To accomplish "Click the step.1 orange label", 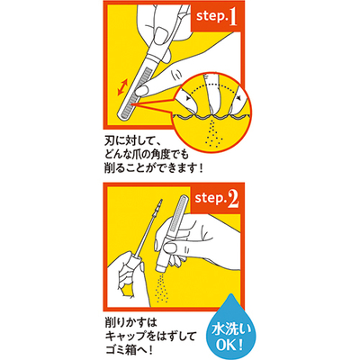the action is [216, 17].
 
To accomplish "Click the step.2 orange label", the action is [216, 199].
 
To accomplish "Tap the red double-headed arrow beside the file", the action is [122, 87].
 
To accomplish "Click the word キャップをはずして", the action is [150, 336].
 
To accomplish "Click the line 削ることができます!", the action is [153, 168].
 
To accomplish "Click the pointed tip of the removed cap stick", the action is [162, 200].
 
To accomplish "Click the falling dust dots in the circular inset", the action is [211, 133].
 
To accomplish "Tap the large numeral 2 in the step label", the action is [233, 199].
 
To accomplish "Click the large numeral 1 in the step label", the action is [232, 17].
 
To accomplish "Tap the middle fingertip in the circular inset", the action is [213, 97].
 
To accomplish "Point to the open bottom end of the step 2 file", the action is [161, 267].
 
